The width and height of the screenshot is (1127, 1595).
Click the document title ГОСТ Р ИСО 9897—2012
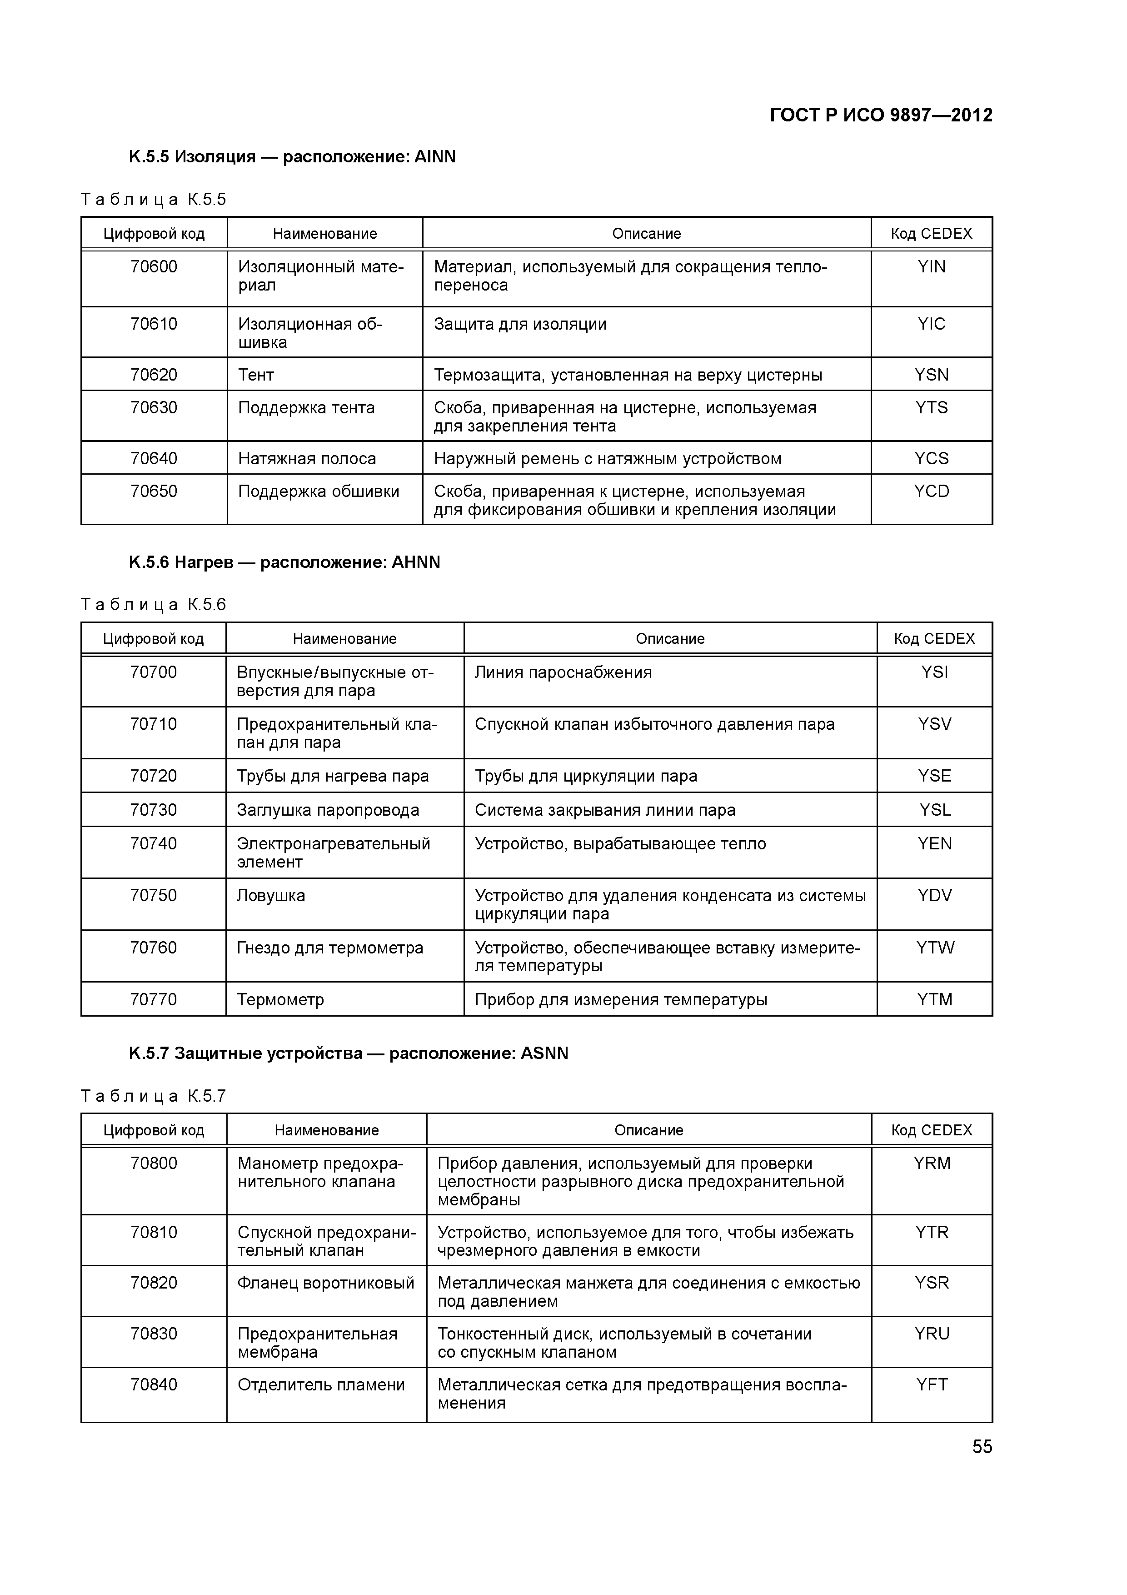click(881, 115)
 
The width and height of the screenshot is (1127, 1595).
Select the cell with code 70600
click(154, 267)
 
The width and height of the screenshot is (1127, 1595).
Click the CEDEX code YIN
click(931, 267)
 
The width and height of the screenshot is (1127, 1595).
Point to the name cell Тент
click(256, 375)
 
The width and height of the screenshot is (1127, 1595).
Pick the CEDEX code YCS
click(931, 458)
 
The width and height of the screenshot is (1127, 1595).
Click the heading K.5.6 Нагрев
click(284, 562)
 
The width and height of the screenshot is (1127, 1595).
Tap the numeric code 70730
click(154, 810)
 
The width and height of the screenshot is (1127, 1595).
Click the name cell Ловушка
click(271, 895)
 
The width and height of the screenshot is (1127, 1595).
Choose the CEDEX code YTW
click(935, 948)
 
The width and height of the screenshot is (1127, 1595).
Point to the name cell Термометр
click(280, 1000)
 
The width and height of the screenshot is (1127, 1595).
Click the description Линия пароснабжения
click(563, 672)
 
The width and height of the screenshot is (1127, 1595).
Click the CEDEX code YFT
click(931, 1384)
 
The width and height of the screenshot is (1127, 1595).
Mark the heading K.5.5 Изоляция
click(292, 157)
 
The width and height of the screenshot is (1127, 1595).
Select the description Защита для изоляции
click(520, 325)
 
